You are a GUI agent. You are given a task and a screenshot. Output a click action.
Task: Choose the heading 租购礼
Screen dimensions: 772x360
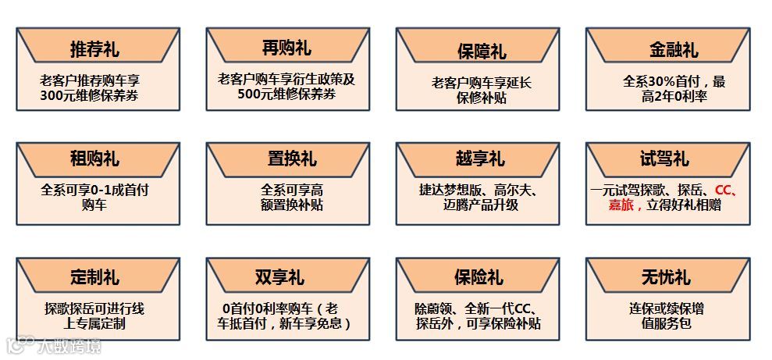(94, 159)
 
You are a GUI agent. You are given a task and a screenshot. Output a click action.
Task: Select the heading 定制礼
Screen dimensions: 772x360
(94, 277)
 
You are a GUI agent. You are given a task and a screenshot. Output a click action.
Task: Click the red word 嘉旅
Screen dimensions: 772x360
(624, 205)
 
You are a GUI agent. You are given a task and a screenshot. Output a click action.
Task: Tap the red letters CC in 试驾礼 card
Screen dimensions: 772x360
(724, 190)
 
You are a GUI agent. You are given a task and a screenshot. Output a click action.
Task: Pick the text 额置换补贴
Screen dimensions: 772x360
(292, 205)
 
